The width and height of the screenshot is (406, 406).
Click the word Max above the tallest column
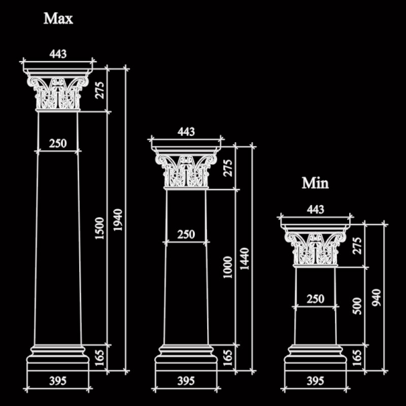click(x=58, y=19)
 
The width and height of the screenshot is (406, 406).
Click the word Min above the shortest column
click(x=315, y=183)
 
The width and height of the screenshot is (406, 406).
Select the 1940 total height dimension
click(x=118, y=220)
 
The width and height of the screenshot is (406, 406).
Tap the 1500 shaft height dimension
click(x=99, y=229)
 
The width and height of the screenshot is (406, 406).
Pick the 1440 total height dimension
click(x=244, y=259)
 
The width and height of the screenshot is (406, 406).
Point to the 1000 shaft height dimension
click(x=228, y=267)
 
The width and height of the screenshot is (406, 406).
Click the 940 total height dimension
click(x=376, y=298)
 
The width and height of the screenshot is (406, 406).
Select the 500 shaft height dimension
click(x=357, y=306)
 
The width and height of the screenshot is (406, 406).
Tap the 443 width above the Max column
click(x=58, y=54)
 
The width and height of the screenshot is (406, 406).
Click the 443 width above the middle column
click(x=186, y=132)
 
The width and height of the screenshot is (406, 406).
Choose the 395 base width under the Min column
click(x=315, y=381)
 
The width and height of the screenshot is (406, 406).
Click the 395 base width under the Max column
click(x=58, y=381)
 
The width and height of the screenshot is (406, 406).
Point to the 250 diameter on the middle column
click(x=186, y=234)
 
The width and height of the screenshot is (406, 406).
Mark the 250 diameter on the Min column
click(x=315, y=299)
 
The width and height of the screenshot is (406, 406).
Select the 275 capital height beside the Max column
click(x=99, y=90)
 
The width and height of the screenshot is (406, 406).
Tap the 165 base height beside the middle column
click(x=228, y=358)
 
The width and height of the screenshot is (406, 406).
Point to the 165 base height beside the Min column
click(x=357, y=358)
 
